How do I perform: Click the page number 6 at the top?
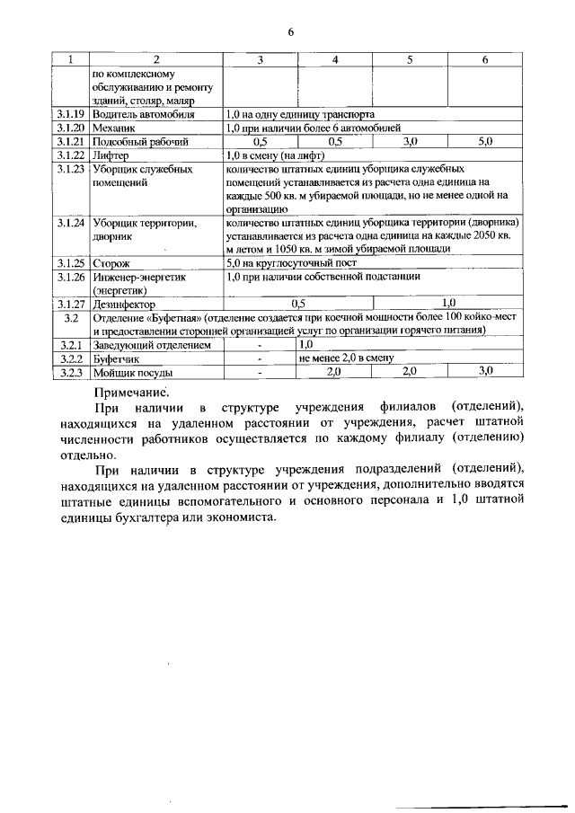[291, 33]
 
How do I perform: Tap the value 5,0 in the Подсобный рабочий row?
[485, 142]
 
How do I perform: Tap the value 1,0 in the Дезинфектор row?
[449, 304]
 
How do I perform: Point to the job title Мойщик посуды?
[132, 371]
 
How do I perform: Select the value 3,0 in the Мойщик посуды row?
[486, 370]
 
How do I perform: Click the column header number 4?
[335, 59]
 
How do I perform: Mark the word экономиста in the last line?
[233, 518]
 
